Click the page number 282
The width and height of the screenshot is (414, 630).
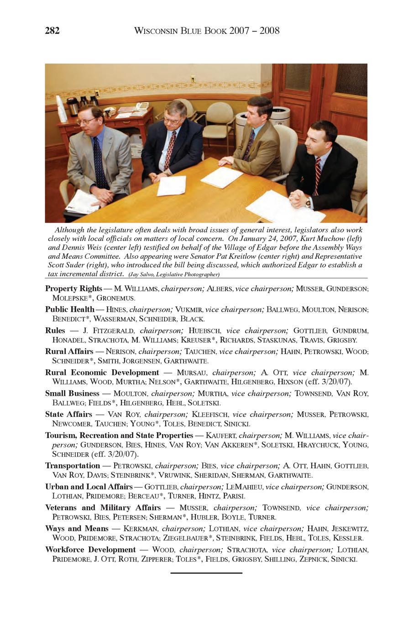(x=52, y=31)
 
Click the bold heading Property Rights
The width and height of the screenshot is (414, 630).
(x=73, y=289)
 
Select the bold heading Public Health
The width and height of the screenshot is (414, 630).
(x=70, y=310)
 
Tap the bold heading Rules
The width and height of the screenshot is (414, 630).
(x=55, y=331)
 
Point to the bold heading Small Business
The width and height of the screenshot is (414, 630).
(x=72, y=394)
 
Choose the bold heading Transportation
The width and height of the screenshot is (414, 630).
(x=73, y=466)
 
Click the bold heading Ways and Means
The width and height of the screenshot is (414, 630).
(x=77, y=529)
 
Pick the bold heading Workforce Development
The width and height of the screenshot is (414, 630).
(x=90, y=550)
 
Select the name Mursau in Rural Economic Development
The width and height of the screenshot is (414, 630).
(x=192, y=373)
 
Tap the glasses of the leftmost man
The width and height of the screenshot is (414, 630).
(x=87, y=121)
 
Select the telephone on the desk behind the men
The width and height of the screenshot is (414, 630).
(x=142, y=106)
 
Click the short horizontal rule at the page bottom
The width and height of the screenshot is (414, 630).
(x=206, y=572)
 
